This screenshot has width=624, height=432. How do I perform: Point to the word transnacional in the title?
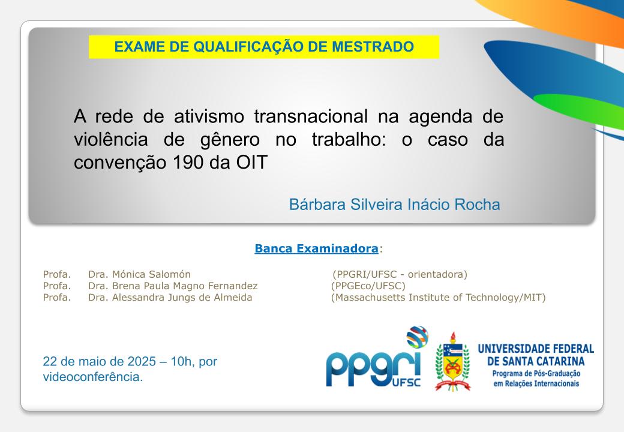coord(311,116)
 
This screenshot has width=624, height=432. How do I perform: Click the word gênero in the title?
coord(230,140)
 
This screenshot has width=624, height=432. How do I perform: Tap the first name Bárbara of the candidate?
coord(317,205)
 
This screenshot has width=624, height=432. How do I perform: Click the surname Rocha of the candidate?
coord(477,205)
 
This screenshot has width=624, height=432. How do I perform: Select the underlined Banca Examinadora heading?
coord(316,248)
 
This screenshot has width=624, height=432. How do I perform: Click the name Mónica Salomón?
coord(151,274)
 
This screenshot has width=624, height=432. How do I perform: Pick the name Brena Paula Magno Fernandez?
coord(185,286)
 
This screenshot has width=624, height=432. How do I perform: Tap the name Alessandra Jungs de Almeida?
coord(182,297)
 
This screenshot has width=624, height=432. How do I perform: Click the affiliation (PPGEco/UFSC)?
coord(368,286)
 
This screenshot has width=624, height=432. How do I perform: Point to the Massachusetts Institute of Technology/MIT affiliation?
coord(438,298)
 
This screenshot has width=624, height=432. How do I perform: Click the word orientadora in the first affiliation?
coord(435,274)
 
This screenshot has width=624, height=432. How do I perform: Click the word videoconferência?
coord(93,377)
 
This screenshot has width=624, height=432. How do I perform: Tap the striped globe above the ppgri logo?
coord(417,337)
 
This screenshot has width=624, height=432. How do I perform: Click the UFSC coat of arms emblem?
coord(452,362)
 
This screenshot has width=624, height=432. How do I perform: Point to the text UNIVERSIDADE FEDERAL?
coord(536,349)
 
